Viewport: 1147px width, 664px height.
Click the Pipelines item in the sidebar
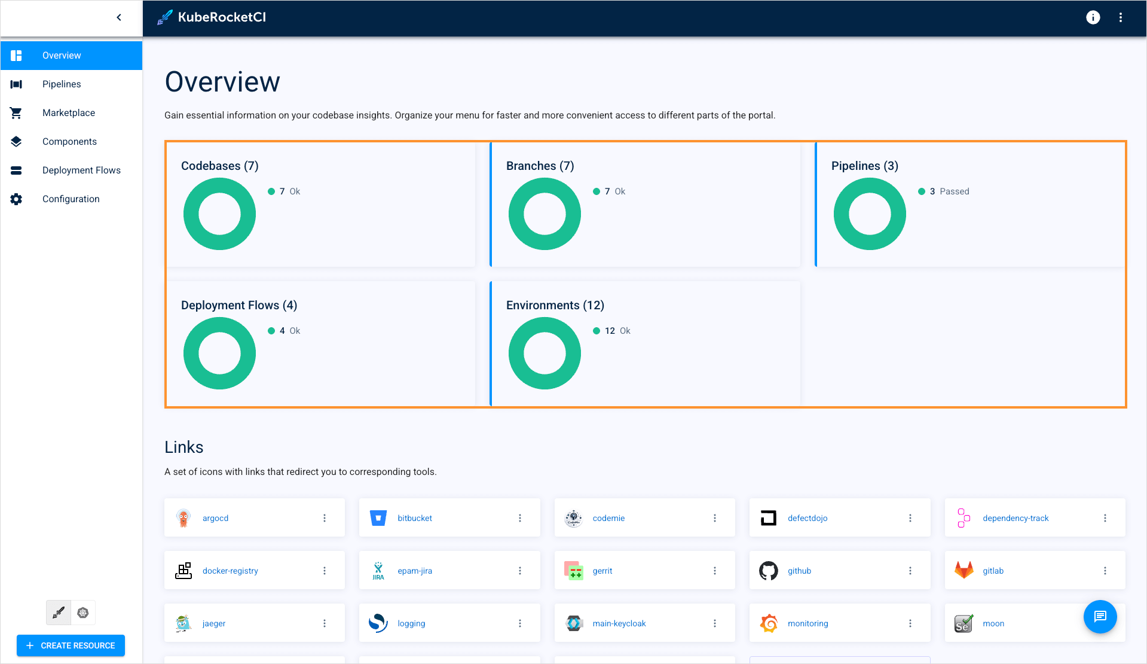(62, 84)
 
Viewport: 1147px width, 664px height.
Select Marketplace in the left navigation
(68, 113)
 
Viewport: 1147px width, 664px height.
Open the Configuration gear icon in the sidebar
(16, 199)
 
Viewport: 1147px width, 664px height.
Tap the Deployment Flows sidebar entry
(81, 170)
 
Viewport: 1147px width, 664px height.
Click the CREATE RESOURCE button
(71, 645)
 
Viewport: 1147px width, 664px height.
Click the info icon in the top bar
(1093, 17)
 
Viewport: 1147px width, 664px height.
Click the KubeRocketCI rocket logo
(165, 17)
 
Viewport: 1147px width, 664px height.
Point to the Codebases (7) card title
(219, 166)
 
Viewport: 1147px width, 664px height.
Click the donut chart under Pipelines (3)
(869, 214)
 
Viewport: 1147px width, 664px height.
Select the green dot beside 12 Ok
(596, 331)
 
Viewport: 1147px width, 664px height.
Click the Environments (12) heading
(555, 305)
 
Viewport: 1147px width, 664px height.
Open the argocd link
(215, 518)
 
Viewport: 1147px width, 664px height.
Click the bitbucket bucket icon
(378, 518)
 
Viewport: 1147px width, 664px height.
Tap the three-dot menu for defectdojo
(910, 518)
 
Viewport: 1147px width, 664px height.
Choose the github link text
(799, 571)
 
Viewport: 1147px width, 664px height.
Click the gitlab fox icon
(964, 570)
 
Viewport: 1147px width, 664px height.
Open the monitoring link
(808, 623)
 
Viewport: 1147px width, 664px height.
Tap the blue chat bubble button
(1100, 616)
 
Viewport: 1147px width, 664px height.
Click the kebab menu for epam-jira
(519, 571)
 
